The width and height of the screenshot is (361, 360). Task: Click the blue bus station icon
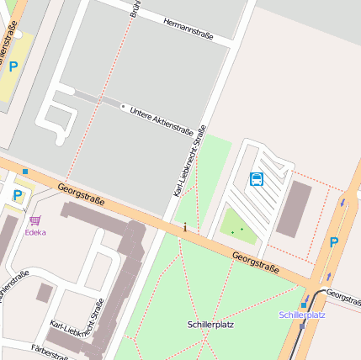(257, 178)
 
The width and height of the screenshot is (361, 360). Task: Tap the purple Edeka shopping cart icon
(35, 220)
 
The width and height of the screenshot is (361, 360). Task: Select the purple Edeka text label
(35, 232)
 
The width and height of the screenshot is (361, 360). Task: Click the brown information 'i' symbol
(185, 227)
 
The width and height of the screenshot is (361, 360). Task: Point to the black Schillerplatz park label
(210, 324)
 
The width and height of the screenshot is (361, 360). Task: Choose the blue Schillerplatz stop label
(302, 315)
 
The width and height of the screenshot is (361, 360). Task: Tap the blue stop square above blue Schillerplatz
(304, 304)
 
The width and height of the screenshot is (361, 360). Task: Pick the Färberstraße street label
(48, 352)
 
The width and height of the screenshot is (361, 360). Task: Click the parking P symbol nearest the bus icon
(333, 242)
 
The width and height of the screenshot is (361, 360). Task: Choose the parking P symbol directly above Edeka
(18, 195)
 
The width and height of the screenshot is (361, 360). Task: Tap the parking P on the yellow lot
(13, 65)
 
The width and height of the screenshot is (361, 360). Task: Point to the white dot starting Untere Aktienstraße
(123, 107)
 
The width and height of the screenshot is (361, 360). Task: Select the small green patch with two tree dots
(237, 225)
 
